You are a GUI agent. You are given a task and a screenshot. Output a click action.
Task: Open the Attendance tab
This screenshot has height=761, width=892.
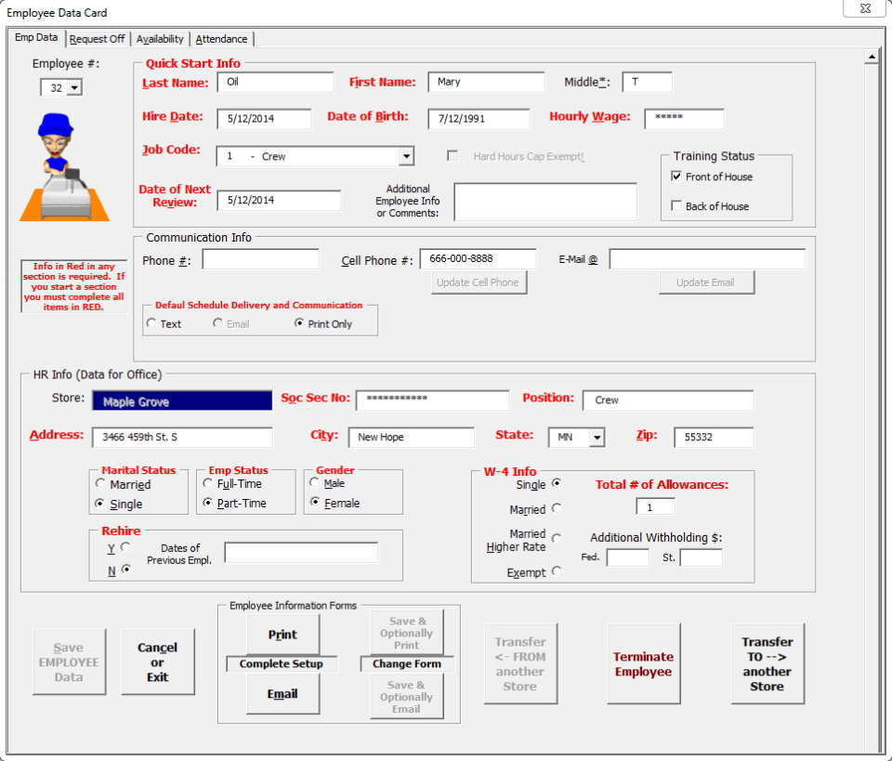coord(221,39)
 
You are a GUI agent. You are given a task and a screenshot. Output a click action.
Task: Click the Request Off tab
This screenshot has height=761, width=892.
coord(97,39)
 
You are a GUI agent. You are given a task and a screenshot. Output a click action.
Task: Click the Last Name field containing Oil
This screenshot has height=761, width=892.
coord(275,82)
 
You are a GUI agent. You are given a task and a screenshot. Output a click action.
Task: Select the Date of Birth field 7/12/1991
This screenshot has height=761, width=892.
coord(479,119)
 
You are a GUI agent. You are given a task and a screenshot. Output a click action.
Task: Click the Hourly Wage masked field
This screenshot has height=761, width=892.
coord(683,119)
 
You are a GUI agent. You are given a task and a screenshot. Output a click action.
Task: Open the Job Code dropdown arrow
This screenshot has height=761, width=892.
coord(406,156)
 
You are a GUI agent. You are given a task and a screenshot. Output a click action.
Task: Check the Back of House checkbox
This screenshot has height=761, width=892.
coord(676,206)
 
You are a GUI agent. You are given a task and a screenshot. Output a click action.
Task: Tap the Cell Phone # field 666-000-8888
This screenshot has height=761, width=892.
coord(478,259)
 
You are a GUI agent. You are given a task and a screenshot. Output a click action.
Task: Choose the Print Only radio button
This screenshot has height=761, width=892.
coord(299,323)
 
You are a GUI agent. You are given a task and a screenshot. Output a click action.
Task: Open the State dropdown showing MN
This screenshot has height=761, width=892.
coord(597,438)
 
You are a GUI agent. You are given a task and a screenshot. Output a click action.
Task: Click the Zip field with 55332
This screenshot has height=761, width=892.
coord(713,437)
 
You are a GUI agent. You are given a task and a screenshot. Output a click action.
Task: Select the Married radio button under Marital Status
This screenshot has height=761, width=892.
coord(100,484)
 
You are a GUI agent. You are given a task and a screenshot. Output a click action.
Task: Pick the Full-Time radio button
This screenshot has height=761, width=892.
coord(207,484)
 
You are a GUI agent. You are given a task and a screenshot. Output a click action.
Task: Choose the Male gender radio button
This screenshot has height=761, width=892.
coord(315,483)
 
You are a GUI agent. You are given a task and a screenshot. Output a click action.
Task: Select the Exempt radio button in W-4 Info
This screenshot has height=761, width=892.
coord(557,571)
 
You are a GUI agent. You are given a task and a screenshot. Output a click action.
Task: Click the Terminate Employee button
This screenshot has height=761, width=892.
coord(642,663)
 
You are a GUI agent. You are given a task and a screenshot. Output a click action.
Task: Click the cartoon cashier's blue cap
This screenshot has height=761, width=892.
coord(56,124)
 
